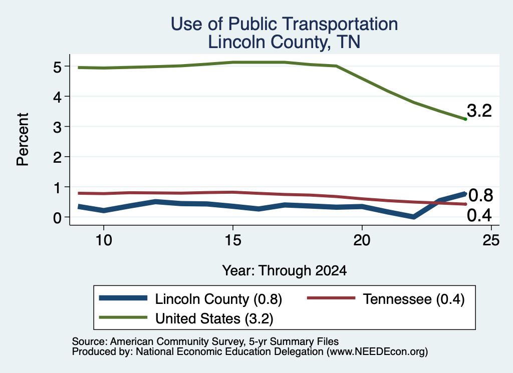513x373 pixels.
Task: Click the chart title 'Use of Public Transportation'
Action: point(285,24)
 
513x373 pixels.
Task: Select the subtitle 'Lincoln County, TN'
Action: point(285,42)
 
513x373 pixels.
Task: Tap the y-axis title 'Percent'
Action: point(23,139)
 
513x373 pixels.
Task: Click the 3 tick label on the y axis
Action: point(58,127)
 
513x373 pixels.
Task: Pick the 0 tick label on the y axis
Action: point(58,218)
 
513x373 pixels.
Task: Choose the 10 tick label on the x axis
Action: point(103,240)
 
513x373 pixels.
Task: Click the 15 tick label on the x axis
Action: point(232,240)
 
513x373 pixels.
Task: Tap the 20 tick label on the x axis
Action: point(362,240)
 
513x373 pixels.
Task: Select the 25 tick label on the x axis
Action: point(491,240)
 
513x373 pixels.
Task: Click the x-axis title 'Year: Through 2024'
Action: point(285,271)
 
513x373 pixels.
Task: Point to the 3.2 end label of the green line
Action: point(479,111)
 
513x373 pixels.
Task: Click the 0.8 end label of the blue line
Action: point(480,195)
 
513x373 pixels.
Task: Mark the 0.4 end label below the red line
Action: point(479,215)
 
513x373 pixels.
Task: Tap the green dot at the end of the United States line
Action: point(465,119)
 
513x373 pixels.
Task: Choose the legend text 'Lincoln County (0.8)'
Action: point(218,299)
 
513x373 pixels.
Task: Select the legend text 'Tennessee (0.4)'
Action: point(413,299)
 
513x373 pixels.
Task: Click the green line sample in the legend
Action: point(123,317)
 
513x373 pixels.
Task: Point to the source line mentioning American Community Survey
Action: point(205,341)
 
